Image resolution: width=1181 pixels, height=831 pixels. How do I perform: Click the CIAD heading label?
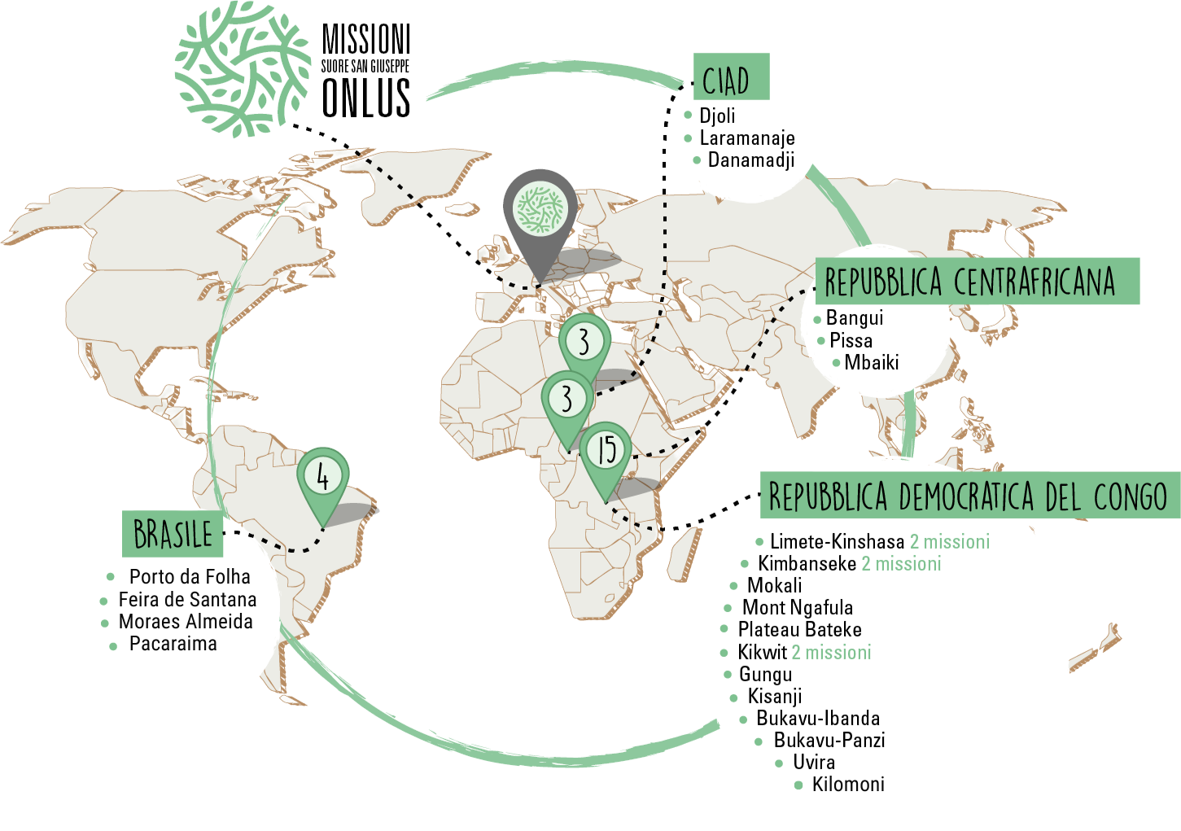click(730, 78)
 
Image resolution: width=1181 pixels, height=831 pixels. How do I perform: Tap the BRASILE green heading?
click(173, 533)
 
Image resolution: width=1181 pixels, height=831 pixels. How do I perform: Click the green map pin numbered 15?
click(606, 453)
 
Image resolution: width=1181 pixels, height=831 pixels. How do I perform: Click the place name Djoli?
click(717, 116)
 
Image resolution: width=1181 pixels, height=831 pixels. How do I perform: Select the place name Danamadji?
click(750, 160)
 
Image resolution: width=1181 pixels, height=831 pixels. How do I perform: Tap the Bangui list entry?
click(854, 317)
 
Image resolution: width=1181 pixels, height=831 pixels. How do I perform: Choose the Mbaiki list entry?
click(871, 362)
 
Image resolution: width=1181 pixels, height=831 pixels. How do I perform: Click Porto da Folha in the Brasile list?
click(190, 576)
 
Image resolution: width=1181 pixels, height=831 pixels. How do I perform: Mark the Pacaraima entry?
click(173, 643)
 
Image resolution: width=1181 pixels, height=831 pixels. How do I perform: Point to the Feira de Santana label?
click(187, 599)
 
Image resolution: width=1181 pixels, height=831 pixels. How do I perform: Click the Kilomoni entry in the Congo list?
click(848, 784)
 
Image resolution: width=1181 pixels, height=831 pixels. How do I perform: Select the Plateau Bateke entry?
click(799, 629)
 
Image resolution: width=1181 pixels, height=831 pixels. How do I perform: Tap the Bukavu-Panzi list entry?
click(829, 740)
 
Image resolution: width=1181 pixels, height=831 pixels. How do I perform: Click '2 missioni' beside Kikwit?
click(831, 652)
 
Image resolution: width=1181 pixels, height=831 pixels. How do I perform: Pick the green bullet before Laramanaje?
click(688, 138)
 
